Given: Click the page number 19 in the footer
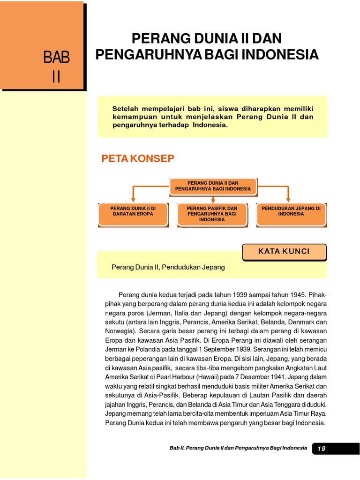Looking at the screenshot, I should (321, 449).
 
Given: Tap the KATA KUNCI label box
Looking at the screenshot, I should (284, 252).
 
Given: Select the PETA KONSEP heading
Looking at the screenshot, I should (138, 159).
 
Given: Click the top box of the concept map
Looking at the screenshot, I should (213, 186).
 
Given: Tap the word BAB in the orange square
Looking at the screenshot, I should (56, 58).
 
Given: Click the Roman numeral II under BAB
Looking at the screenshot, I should (56, 76).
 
